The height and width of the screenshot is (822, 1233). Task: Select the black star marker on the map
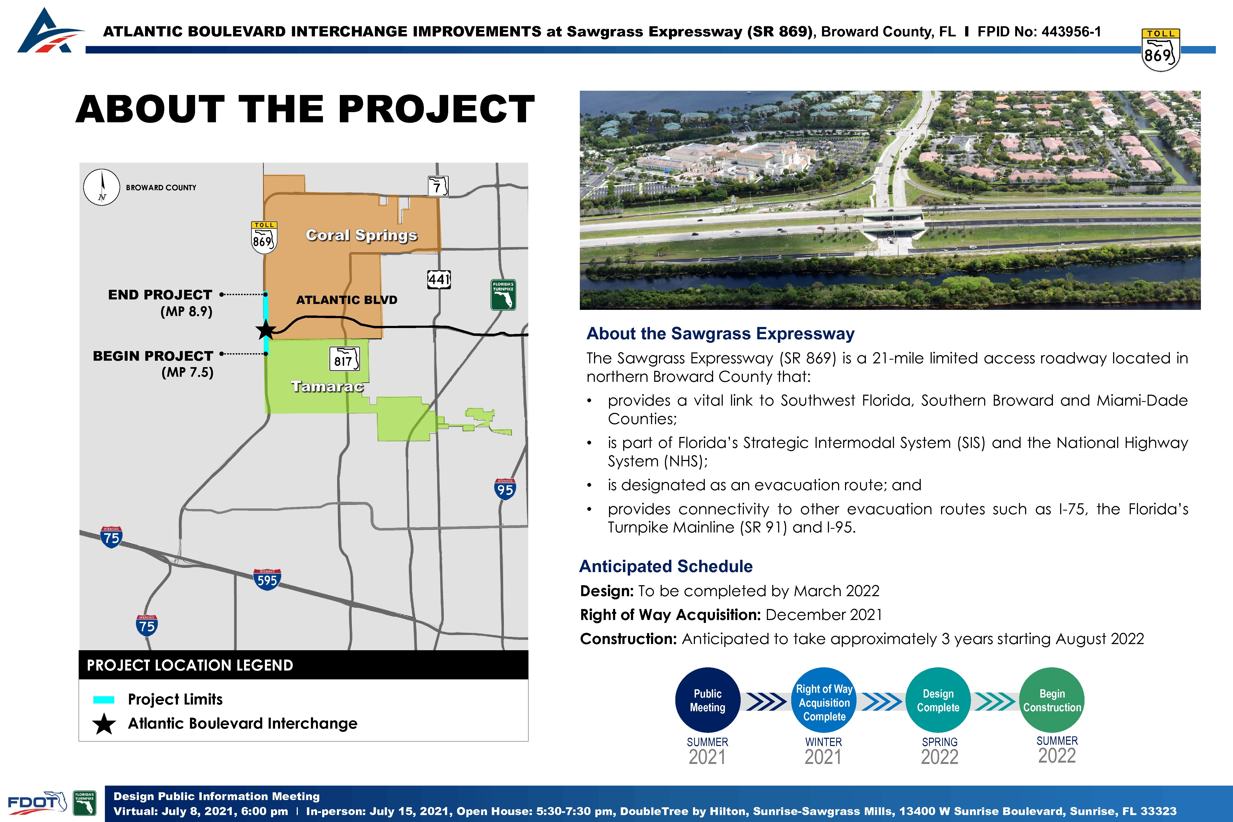pyautogui.click(x=266, y=330)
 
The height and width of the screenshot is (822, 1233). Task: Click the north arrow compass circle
pyautogui.click(x=102, y=187)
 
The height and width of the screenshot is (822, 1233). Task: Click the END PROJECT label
pyautogui.click(x=160, y=295)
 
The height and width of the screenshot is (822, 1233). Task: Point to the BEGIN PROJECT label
pyautogui.click(x=153, y=356)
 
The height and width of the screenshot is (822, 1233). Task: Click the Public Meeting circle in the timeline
pyautogui.click(x=708, y=700)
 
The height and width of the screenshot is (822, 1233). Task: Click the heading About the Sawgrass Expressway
pyautogui.click(x=720, y=333)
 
